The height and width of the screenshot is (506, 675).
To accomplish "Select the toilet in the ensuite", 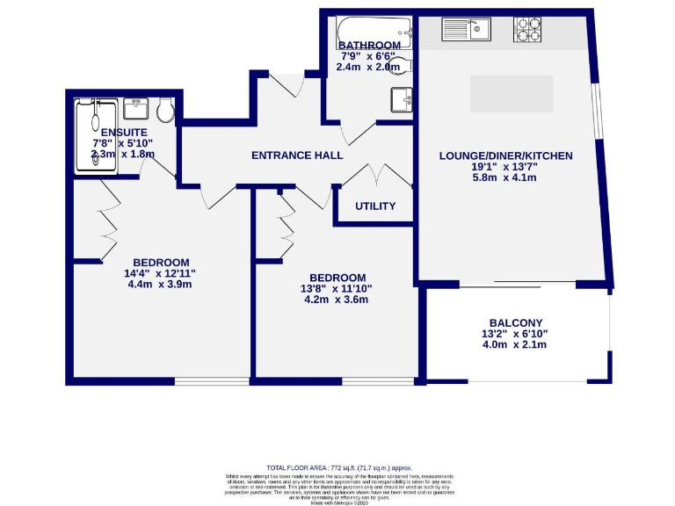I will click(x=164, y=111).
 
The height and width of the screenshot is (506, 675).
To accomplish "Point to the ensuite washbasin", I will click(x=136, y=109).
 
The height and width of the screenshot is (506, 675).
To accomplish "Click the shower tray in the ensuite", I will click(x=95, y=136).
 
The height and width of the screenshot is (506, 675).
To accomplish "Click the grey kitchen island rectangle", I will click(x=512, y=94).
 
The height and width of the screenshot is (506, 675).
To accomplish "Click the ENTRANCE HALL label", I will click(x=297, y=155).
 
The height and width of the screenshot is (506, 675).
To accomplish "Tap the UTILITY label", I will click(x=375, y=206).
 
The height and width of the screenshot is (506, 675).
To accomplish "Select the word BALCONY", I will click(x=517, y=322).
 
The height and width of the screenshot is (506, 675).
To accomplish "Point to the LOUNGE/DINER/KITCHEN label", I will click(x=505, y=155).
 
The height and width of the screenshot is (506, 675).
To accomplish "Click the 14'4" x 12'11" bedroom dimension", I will click(x=161, y=273).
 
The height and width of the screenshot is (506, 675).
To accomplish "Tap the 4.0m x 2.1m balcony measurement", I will click(x=516, y=345).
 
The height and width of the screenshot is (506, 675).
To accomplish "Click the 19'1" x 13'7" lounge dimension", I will click(x=505, y=167).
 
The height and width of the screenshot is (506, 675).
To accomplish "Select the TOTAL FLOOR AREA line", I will click(x=338, y=468).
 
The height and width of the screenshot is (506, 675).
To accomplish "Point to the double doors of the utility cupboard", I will click(x=375, y=174).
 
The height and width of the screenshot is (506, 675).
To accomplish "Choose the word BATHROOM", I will click(x=369, y=45).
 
